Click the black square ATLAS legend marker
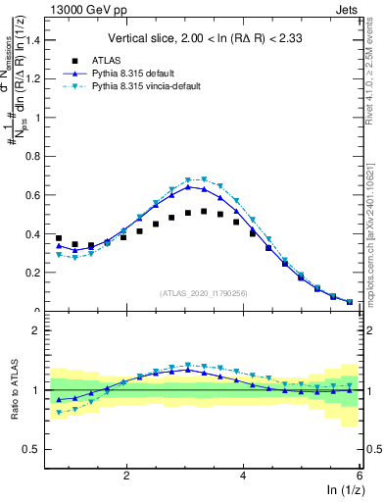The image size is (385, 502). pos(75,59)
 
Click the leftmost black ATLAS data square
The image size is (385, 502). pos(59,238)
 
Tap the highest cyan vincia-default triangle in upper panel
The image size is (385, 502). pos(204,179)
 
